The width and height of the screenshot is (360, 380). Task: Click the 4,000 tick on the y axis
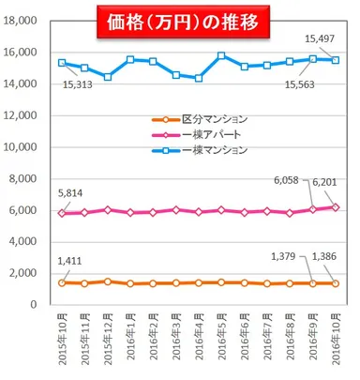point(23,242)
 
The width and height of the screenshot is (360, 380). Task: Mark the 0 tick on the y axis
point(33,305)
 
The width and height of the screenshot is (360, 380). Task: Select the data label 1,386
point(327,256)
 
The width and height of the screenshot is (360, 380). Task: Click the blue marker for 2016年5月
point(221,55)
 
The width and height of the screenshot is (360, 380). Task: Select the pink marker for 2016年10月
point(336,206)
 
